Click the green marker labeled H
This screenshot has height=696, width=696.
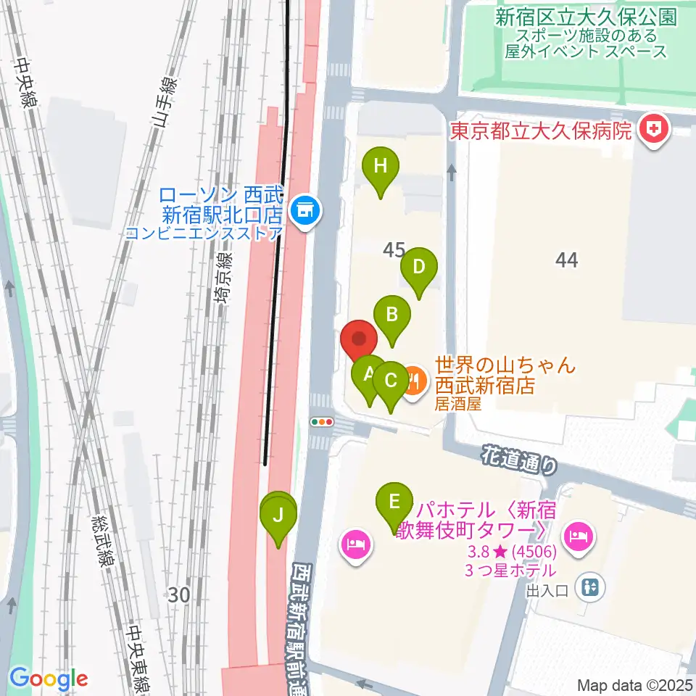click(x=381, y=167)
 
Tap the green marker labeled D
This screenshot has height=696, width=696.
click(x=418, y=267)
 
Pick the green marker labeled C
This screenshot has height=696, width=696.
click(x=390, y=381)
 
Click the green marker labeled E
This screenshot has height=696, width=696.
click(x=394, y=502)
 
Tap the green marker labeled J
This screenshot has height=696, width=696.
click(x=278, y=516)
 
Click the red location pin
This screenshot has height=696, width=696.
click(x=359, y=339)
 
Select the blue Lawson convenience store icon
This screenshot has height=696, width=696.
click(x=303, y=212)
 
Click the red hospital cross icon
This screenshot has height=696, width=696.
click(x=655, y=131)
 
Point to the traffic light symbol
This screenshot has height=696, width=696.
click(x=321, y=421)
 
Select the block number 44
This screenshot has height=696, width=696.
click(x=566, y=259)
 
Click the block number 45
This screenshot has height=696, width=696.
click(x=394, y=250)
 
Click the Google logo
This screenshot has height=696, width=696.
click(x=49, y=679)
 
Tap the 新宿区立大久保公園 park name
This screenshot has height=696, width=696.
click(x=586, y=17)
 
